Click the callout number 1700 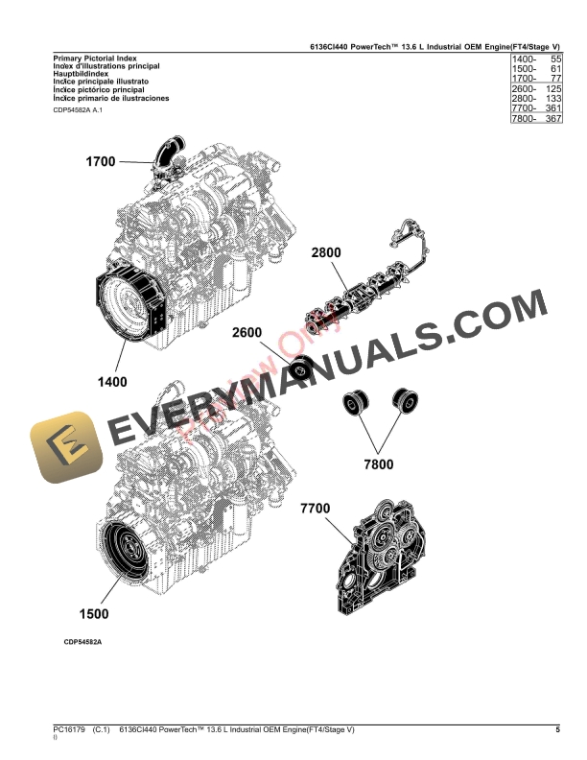100,162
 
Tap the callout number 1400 111,382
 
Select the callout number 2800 325,253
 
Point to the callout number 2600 246,333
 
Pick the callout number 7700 316,508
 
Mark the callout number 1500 93,613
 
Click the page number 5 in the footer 557,730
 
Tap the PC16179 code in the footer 69,730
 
